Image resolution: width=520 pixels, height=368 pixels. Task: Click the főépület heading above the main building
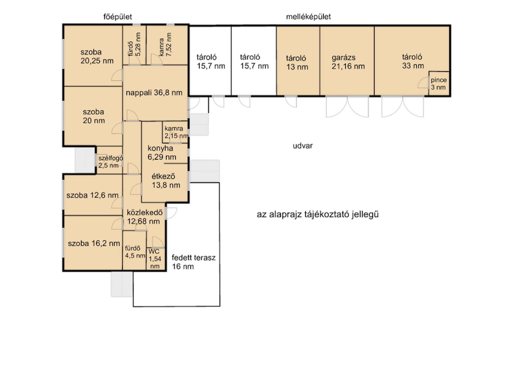(118, 17)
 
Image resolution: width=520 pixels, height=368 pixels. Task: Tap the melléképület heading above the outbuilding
(308, 17)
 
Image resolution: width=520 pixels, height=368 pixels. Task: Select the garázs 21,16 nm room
(347, 60)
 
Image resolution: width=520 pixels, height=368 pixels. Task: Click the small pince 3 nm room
(439, 83)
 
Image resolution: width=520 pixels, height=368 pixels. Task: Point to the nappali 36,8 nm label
(154, 93)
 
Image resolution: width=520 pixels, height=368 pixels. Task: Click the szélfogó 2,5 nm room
(110, 160)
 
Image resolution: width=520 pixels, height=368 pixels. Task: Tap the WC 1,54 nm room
(156, 259)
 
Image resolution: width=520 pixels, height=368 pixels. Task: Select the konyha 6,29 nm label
(162, 153)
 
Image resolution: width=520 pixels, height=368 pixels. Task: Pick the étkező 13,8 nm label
(166, 181)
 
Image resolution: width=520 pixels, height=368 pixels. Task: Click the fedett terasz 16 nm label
(193, 262)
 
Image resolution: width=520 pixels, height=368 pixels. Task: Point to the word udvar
(303, 146)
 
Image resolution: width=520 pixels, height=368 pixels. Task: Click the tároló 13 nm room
(298, 60)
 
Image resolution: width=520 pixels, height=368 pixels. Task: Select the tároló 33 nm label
(413, 61)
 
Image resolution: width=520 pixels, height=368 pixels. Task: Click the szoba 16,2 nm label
(94, 244)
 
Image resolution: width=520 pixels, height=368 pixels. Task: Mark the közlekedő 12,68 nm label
(145, 217)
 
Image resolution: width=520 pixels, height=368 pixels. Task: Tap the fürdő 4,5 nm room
(134, 250)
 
